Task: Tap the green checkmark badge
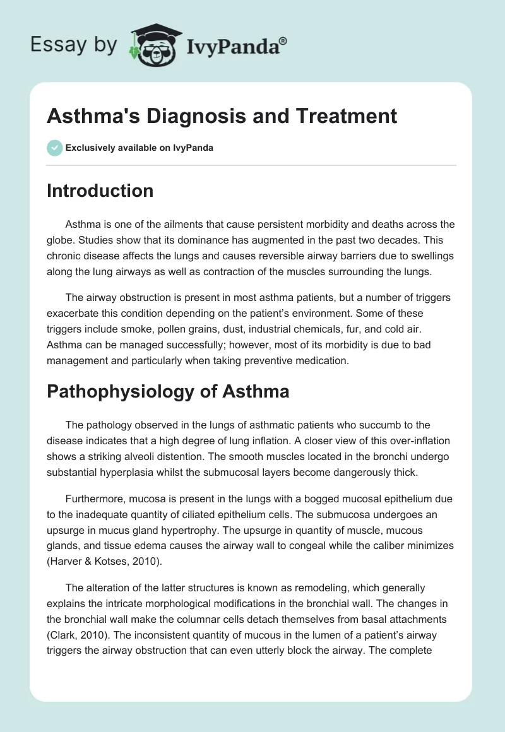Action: (54, 148)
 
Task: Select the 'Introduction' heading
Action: (100, 191)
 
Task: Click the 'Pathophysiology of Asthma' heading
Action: (168, 391)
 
